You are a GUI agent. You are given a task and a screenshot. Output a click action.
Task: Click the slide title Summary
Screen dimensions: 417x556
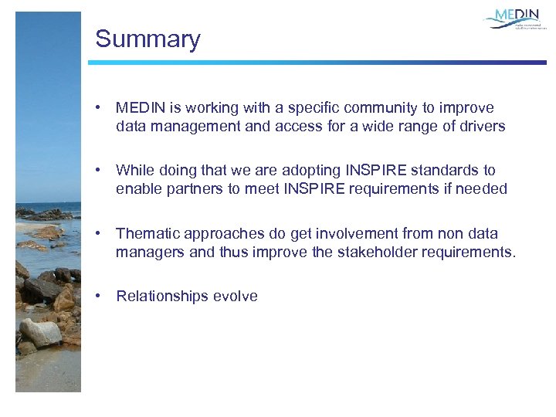pyautogui.click(x=147, y=39)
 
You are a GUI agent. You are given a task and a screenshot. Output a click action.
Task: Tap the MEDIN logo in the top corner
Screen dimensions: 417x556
pyautogui.click(x=515, y=19)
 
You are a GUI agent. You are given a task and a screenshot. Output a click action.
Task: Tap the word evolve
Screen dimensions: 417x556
pyautogui.click(x=236, y=296)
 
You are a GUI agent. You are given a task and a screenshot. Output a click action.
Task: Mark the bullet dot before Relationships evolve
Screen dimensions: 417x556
pyautogui.click(x=98, y=296)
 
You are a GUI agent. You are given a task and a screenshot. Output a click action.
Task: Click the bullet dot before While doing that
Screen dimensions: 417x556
pyautogui.click(x=98, y=171)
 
